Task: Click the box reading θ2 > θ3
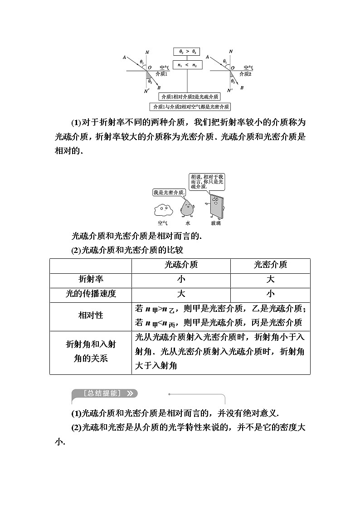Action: (x=188, y=52)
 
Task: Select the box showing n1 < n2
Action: (x=188, y=65)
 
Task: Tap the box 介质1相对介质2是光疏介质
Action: (x=190, y=97)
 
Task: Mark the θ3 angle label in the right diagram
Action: (x=233, y=81)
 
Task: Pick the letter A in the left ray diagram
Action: (x=124, y=57)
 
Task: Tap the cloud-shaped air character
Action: (x=163, y=210)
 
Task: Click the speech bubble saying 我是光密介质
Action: (x=169, y=192)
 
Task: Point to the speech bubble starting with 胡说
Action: (x=207, y=181)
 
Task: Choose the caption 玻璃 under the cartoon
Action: (x=216, y=223)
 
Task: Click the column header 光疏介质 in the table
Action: (x=181, y=265)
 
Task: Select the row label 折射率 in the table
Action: (x=91, y=279)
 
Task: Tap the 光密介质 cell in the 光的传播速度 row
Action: (x=270, y=293)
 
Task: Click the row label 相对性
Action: (x=91, y=315)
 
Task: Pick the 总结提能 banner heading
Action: (x=105, y=393)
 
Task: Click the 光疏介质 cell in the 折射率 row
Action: (x=181, y=279)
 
